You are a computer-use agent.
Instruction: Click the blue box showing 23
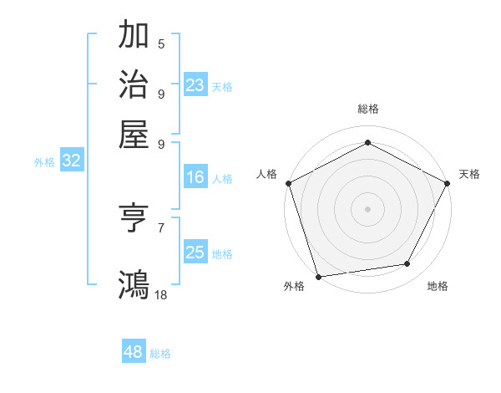coord(195,85)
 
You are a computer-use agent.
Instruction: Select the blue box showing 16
coord(195,177)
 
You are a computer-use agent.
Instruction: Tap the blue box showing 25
coord(195,253)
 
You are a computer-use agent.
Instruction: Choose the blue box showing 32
coord(71,161)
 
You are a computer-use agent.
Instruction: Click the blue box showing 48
coord(133,352)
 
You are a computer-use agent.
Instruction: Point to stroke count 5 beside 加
coord(161,43)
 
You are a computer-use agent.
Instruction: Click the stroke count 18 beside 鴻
coord(161,293)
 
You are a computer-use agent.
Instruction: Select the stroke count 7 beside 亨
coord(161,227)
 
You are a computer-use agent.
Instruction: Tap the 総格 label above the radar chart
coord(367,109)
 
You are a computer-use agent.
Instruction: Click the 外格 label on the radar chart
coord(294,286)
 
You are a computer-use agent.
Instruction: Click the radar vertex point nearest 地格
coord(407,264)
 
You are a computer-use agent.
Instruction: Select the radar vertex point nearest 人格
coord(288,182)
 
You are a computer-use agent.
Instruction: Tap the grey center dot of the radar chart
coord(367,208)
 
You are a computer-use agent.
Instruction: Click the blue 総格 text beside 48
coord(160,354)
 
